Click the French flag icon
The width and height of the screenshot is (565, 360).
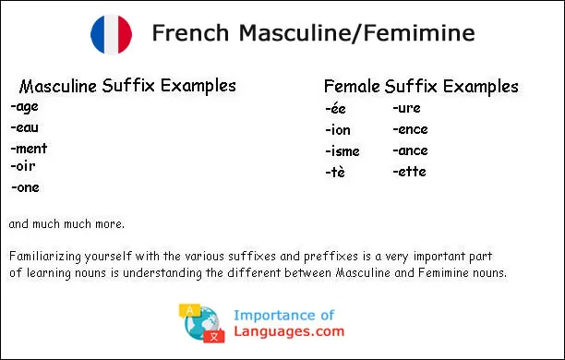coord(112,35)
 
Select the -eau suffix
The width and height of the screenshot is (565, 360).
coord(25,127)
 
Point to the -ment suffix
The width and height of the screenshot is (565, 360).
coord(29,149)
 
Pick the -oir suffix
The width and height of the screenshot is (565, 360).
coord(24,167)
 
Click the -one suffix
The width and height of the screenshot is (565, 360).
coord(26,187)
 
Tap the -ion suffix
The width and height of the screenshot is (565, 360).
coord(338,130)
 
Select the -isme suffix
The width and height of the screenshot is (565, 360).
coord(343,151)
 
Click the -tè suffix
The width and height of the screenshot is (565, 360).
coord(335,173)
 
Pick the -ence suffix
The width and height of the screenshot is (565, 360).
coord(410,130)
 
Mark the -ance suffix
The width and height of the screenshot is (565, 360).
coord(410,150)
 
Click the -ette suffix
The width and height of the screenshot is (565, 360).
coord(409,172)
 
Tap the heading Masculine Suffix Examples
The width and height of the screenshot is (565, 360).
coord(127,86)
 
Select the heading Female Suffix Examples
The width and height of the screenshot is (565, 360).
coord(421,87)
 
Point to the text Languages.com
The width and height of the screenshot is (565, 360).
coord(289,332)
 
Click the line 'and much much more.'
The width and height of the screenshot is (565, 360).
coord(66,224)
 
